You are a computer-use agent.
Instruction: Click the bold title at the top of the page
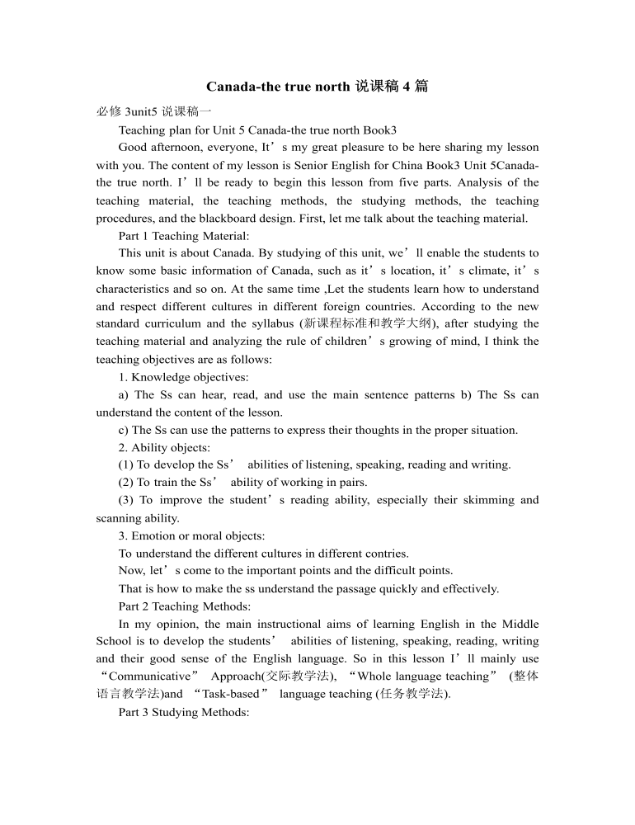(317, 87)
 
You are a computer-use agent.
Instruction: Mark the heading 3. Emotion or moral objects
(191, 535)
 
